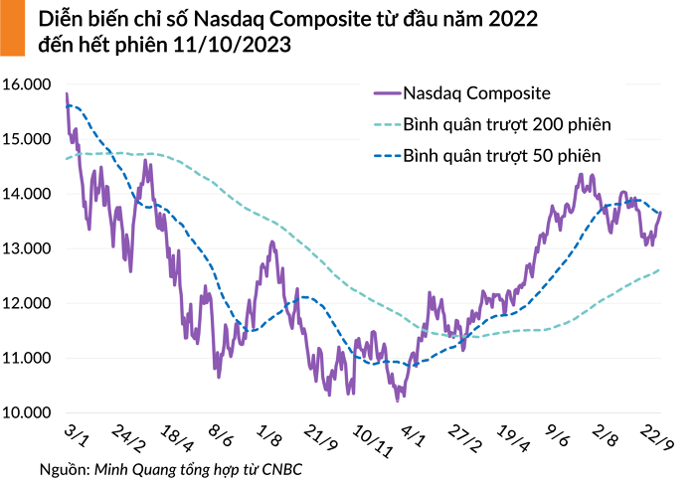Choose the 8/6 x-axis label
pos(221,437)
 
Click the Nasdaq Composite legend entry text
pos(477,93)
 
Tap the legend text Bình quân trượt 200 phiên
pos(506,125)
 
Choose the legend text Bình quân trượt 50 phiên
pos(501,156)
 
